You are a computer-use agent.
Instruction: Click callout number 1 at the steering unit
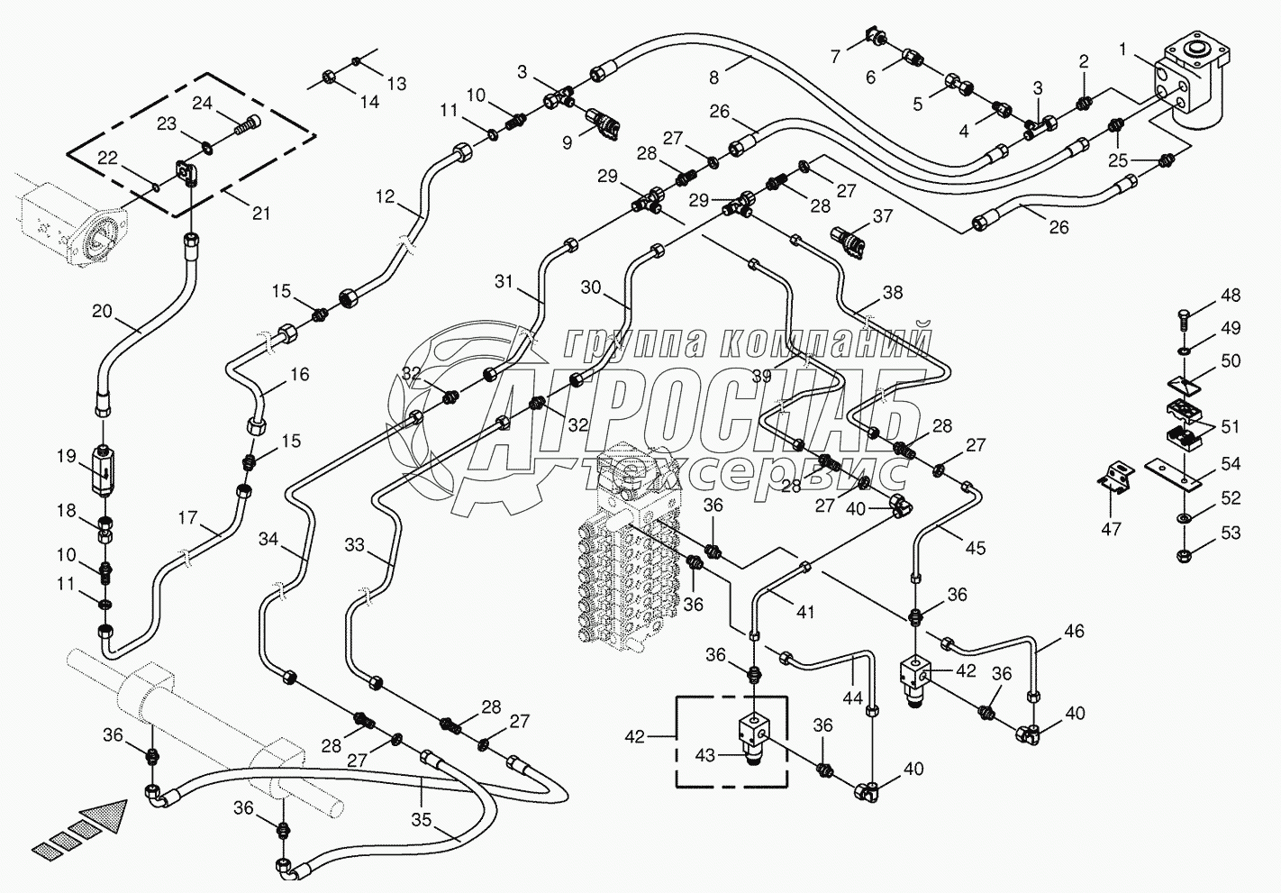(1122, 51)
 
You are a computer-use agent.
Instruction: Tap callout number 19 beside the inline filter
(67, 456)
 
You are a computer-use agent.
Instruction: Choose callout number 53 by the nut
(1231, 533)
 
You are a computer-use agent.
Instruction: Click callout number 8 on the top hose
(714, 77)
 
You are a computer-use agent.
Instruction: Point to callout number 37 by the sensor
(882, 216)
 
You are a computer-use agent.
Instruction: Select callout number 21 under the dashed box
(260, 214)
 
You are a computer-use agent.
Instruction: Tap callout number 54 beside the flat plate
(1231, 464)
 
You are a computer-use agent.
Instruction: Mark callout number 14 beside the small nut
(369, 102)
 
